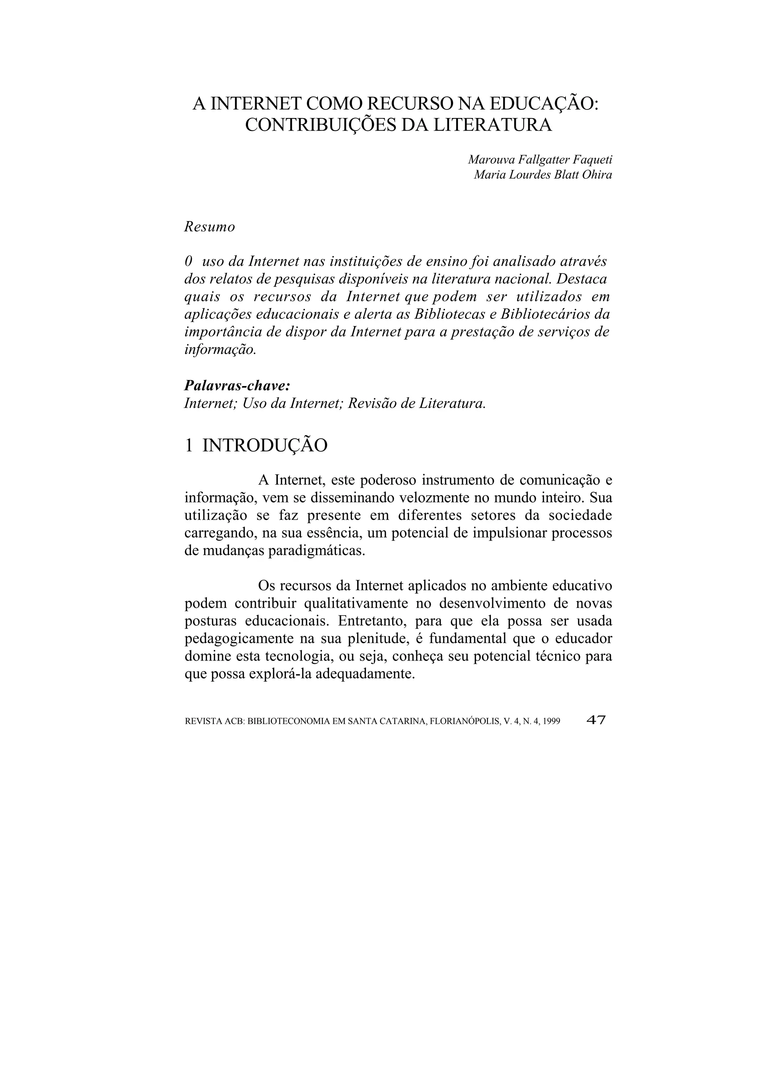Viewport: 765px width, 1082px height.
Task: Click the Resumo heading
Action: click(209, 227)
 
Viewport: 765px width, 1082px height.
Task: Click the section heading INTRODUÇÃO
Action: click(265, 445)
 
